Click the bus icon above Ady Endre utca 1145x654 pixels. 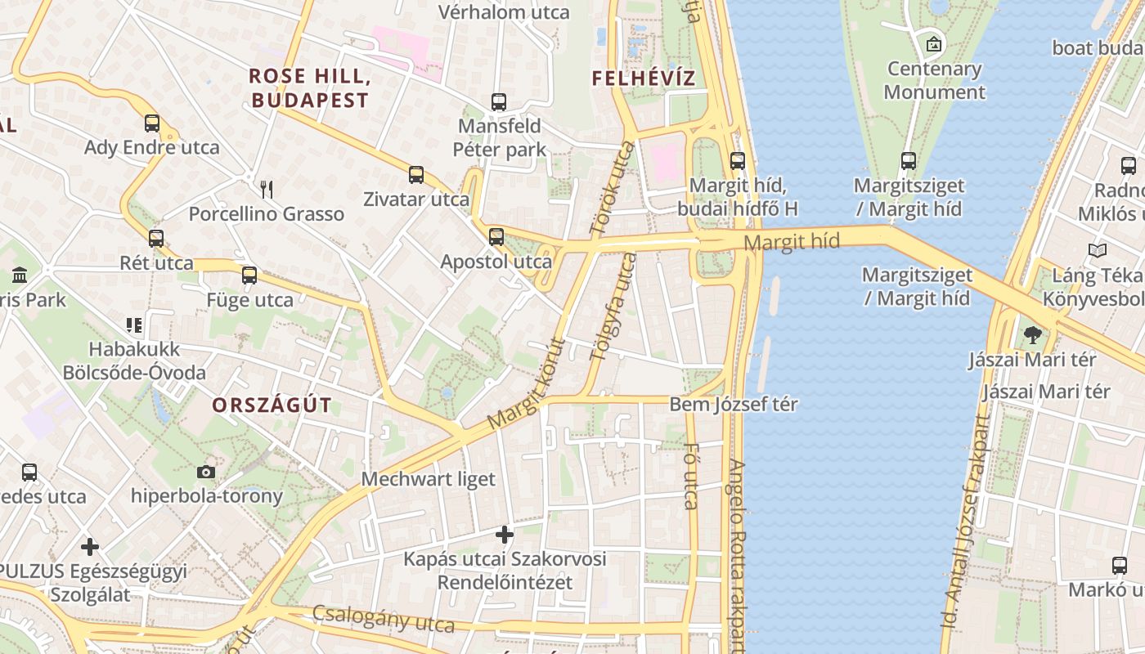(x=152, y=123)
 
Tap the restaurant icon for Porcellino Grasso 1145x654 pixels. (x=266, y=190)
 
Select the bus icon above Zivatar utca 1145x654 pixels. (x=416, y=175)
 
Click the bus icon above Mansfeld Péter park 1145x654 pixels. (x=498, y=102)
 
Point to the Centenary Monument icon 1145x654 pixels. (x=933, y=44)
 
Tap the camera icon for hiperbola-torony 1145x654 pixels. (x=206, y=472)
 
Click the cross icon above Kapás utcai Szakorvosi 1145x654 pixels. (x=505, y=535)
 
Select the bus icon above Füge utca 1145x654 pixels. (x=249, y=275)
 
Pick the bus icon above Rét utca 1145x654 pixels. (x=156, y=239)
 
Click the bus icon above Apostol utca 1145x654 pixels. (x=496, y=237)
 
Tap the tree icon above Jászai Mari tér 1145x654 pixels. (x=1033, y=334)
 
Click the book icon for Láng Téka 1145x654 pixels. (x=1098, y=251)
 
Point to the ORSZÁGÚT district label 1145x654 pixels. (x=272, y=405)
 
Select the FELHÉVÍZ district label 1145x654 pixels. (x=643, y=78)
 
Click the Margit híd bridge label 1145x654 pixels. (x=792, y=242)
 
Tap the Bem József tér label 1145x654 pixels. (x=734, y=404)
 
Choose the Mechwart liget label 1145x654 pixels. (x=429, y=479)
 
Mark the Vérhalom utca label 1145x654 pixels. (x=504, y=12)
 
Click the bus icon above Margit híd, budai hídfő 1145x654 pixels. (x=738, y=161)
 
